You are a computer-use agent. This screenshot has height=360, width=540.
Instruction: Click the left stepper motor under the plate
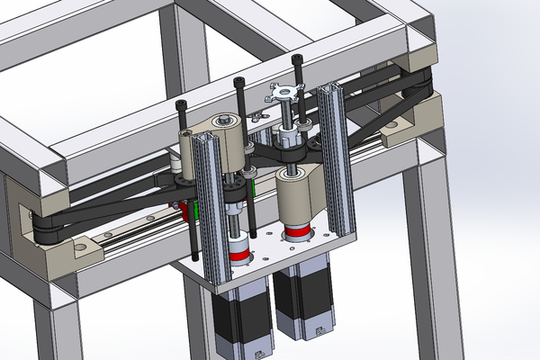coord(240,319)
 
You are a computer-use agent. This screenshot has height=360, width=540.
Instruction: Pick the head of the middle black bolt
coord(239,83)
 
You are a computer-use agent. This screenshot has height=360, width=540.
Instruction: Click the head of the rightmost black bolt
coord(298,62)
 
